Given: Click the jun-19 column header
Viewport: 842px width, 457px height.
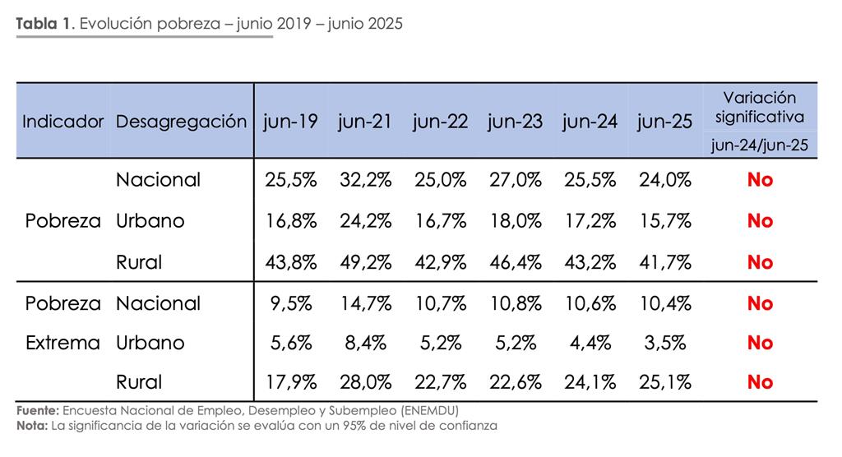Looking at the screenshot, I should coord(290,122).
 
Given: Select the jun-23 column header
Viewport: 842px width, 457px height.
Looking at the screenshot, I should coord(515,122).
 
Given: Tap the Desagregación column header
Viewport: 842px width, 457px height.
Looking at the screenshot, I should coord(181,122).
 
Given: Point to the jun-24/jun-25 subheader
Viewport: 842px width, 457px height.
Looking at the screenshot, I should coord(760,145).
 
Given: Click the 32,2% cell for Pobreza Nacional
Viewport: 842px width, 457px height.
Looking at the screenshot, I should coord(365,179).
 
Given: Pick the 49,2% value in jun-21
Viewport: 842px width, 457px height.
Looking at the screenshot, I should coord(365,262).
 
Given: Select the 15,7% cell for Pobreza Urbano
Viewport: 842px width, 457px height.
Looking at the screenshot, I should coord(664,220).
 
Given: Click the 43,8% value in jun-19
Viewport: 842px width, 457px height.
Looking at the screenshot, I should coord(290,262).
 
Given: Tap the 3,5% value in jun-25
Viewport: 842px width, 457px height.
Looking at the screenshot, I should coord(664,343).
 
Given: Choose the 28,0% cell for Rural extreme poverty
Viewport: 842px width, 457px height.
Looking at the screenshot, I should coord(365,382).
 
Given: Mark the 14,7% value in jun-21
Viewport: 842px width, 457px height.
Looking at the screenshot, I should coord(365,303).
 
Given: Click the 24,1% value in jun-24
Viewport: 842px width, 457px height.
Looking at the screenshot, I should coord(590,382).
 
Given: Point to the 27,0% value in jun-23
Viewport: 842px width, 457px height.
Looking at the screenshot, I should coord(515,179).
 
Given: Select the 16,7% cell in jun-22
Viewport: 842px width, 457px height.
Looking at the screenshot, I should coord(440,220).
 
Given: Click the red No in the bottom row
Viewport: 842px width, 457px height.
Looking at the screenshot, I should coord(760,382).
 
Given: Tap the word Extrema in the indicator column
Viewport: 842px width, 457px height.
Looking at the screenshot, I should coord(62,343).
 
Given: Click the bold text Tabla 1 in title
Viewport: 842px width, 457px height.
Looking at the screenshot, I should coord(44,23).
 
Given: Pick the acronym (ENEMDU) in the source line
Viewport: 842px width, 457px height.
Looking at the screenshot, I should coord(428,409).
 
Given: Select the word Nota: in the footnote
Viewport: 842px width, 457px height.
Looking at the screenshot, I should coord(31,425).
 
